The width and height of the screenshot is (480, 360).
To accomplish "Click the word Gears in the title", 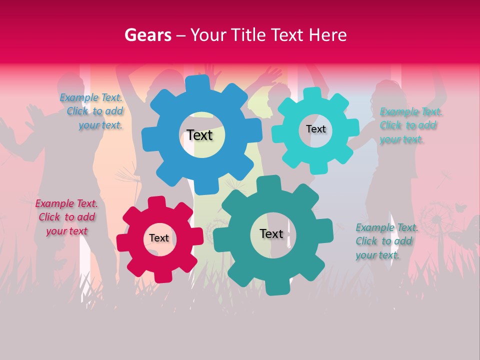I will coord(147,35).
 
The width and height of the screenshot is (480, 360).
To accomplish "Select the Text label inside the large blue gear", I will coord(199,135).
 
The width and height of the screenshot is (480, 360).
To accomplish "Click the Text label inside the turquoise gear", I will coord(315,129).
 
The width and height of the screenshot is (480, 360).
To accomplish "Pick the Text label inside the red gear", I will coord(159,238).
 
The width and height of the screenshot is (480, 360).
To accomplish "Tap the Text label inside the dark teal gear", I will coord(271,233).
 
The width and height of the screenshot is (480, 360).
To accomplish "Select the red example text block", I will coord(66,217).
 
